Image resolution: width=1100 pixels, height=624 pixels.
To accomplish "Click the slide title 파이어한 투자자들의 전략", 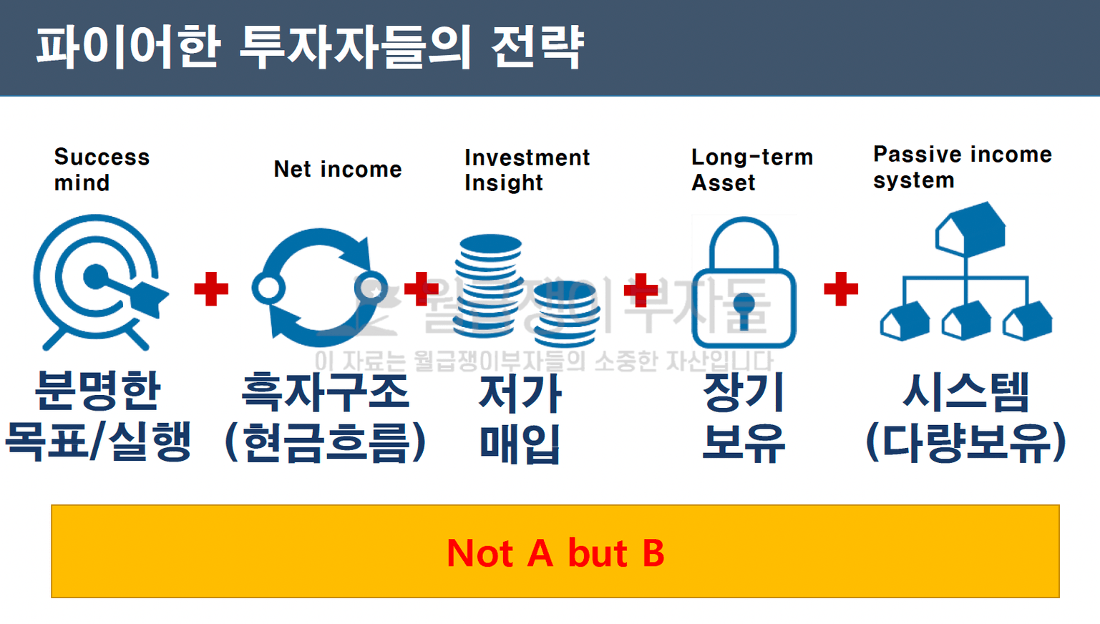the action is [311, 47].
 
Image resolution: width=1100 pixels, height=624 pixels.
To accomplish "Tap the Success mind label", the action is [102, 170].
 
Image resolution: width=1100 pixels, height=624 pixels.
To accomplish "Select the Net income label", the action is [338, 170].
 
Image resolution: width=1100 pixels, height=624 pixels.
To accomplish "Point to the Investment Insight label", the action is [527, 170].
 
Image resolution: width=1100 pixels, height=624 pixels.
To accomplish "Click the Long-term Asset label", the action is [752, 170].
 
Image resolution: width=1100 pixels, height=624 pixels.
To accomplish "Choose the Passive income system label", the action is [963, 167].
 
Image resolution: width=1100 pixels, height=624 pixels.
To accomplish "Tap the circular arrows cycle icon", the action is [320, 288].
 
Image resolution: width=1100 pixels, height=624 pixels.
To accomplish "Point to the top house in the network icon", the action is [970, 229].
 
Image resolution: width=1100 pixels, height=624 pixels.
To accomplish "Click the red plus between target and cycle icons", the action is [211, 289].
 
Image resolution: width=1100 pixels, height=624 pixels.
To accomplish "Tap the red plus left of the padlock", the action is [641, 290].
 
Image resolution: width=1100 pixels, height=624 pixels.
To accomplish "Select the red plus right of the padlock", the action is [841, 289].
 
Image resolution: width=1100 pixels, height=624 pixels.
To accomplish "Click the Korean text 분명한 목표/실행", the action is [98, 416].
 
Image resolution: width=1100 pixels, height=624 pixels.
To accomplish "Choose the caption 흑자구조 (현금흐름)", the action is [325, 417].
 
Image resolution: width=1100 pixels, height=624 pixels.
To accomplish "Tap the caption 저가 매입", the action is [520, 419].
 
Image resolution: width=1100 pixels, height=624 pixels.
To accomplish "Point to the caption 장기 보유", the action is [744, 417].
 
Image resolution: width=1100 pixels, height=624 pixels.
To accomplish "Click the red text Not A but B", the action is [555, 553].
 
